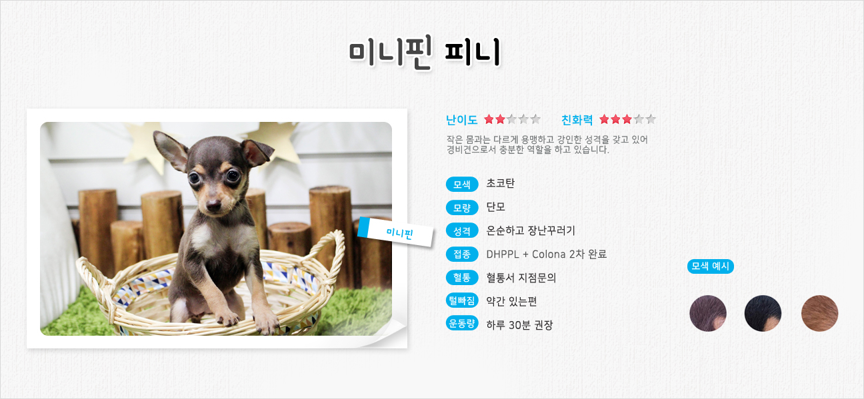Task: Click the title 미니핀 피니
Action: [x=425, y=53]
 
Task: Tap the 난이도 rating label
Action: [x=461, y=120]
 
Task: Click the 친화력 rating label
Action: [x=577, y=120]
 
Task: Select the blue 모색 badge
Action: [x=462, y=185]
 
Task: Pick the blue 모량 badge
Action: [x=462, y=208]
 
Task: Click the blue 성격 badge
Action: [x=462, y=231]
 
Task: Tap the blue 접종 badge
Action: [x=462, y=254]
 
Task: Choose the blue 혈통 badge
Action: [x=462, y=277]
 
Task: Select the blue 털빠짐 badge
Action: [x=462, y=300]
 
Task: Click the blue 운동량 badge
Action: [x=462, y=323]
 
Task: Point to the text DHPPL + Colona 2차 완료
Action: [x=546, y=254]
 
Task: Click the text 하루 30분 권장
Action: [x=519, y=325]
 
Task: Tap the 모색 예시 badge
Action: [x=710, y=266]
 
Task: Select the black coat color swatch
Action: [x=763, y=313]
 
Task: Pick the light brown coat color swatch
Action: [x=819, y=313]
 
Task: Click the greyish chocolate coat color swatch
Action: [x=708, y=313]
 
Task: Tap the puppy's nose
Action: [x=213, y=204]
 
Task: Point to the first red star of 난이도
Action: [x=489, y=119]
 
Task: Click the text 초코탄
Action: [x=500, y=183]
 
